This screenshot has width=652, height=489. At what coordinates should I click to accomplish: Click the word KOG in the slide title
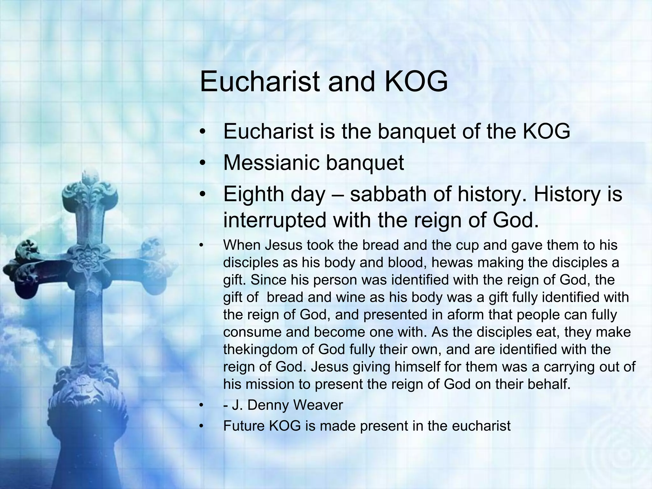(x=416, y=81)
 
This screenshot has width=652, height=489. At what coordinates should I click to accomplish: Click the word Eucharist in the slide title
(x=259, y=81)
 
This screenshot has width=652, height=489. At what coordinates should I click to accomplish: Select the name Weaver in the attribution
(x=318, y=405)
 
